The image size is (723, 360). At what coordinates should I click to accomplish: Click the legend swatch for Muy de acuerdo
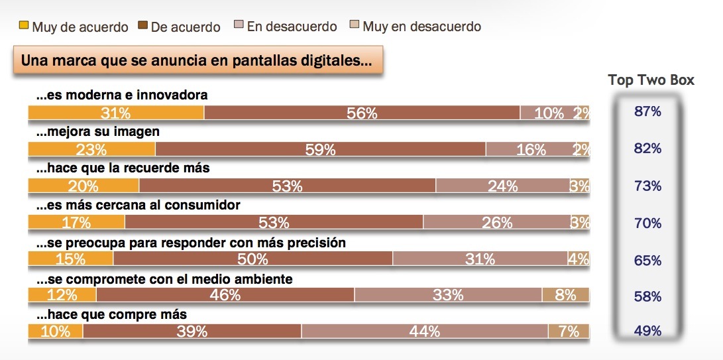pyautogui.click(x=23, y=27)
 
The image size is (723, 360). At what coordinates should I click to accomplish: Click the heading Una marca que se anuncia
pyautogui.click(x=196, y=60)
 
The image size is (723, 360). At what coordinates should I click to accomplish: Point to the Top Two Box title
pyautogui.click(x=651, y=80)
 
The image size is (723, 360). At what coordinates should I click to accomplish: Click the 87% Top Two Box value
pyautogui.click(x=647, y=112)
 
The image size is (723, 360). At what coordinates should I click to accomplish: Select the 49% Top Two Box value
pyautogui.click(x=647, y=331)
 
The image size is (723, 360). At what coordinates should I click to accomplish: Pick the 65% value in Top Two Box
pyautogui.click(x=647, y=260)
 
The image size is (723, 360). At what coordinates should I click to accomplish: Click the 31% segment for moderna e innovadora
pyautogui.click(x=116, y=113)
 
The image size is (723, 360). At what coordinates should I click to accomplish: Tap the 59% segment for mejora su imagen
pyautogui.click(x=320, y=150)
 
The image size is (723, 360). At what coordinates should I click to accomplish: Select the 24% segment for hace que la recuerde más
pyautogui.click(x=502, y=186)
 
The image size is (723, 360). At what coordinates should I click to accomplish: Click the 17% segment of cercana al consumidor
pyautogui.click(x=76, y=223)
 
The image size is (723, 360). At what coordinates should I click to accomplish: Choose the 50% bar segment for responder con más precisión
pyautogui.click(x=253, y=259)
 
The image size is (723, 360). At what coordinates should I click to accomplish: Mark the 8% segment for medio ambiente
pyautogui.click(x=565, y=295)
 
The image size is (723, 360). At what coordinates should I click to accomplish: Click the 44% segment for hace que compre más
pyautogui.click(x=424, y=331)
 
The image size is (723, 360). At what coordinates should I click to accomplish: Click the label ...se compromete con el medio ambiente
pyautogui.click(x=164, y=279)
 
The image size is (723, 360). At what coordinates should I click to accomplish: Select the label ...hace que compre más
pyautogui.click(x=111, y=314)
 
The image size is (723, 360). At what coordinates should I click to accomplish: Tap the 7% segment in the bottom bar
pyautogui.click(x=569, y=331)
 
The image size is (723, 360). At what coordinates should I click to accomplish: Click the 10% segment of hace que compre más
pyautogui.click(x=56, y=331)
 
